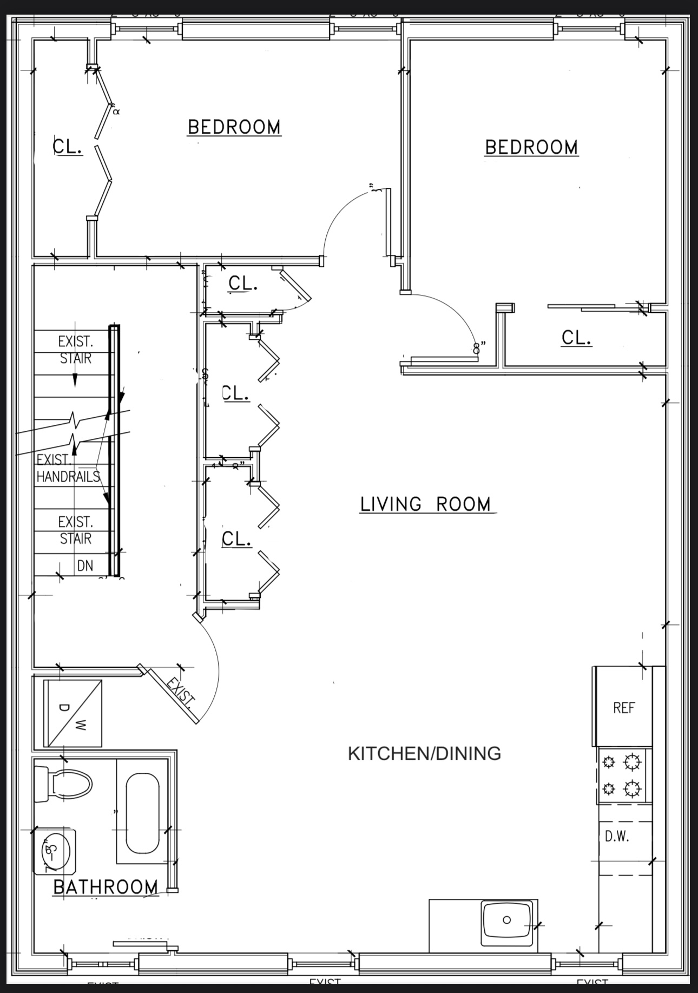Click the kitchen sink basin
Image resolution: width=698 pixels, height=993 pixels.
506,919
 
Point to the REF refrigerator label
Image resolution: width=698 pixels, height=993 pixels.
623,708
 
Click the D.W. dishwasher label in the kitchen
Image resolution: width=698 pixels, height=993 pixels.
617,837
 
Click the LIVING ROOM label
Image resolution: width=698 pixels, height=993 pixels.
426,504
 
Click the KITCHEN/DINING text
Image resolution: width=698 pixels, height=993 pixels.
424,753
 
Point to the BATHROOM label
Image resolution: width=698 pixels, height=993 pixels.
106,887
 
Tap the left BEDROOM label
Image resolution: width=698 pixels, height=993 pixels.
234,127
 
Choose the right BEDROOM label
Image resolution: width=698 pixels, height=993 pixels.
531,147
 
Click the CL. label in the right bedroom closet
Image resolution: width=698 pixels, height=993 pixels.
576,338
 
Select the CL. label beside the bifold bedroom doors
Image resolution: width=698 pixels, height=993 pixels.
68,146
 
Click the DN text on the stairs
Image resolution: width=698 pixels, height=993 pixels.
85,565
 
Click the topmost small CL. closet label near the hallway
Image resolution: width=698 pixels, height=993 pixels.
243,283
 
